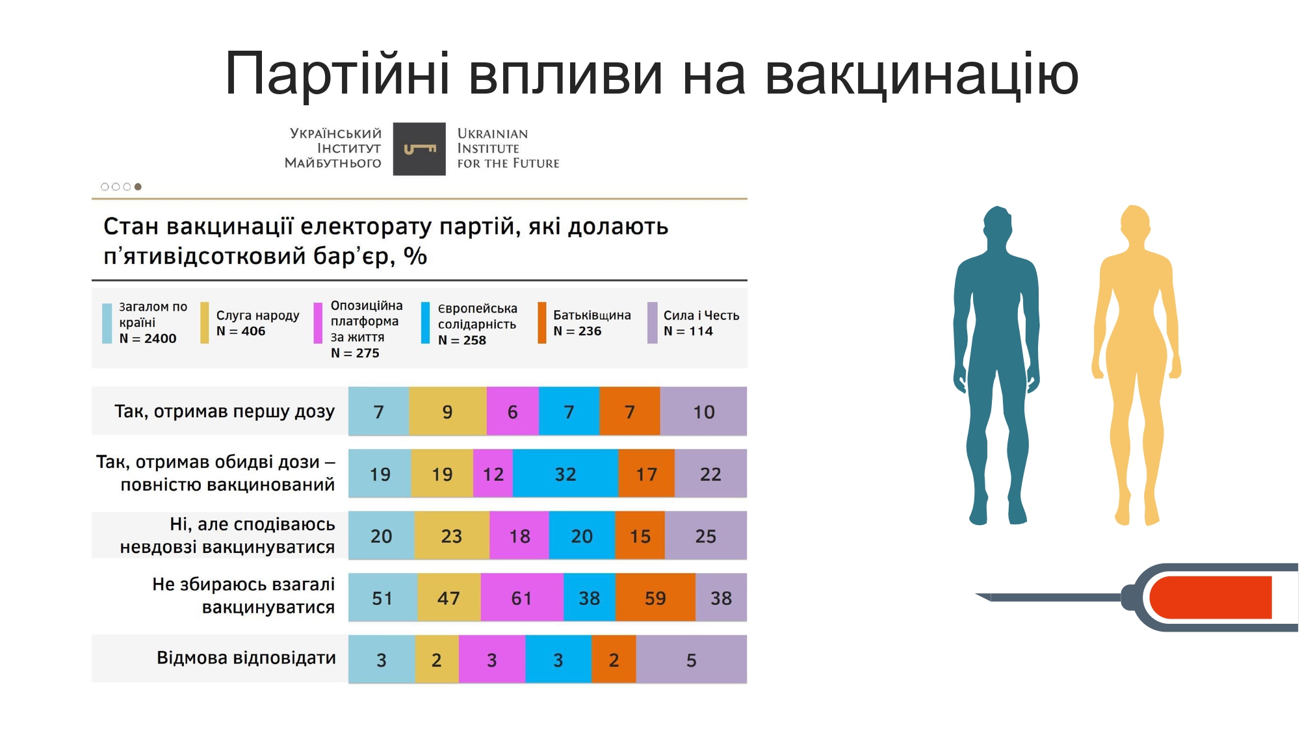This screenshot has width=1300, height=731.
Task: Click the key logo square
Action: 419,149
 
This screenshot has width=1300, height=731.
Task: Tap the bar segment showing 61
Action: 522,597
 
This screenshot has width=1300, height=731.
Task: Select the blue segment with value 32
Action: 565,474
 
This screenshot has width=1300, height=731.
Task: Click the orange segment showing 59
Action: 655,597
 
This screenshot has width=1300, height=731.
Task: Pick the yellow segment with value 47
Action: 449,597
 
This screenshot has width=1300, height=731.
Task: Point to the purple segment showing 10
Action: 703,411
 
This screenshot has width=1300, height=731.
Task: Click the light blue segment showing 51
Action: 383,597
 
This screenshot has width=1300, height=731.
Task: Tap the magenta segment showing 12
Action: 493,474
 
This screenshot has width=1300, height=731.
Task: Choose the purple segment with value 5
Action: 692,660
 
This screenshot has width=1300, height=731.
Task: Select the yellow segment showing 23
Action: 452,535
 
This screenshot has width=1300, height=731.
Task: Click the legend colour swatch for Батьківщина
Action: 542,322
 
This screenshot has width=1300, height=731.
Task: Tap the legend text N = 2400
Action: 148,339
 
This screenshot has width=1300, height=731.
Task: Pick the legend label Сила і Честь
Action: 701,315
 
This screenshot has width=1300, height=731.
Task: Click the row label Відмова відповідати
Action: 246,658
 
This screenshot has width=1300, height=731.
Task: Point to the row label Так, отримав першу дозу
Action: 224,411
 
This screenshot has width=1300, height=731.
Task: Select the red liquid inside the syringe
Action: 1211,597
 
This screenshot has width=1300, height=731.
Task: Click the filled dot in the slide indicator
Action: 138,186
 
